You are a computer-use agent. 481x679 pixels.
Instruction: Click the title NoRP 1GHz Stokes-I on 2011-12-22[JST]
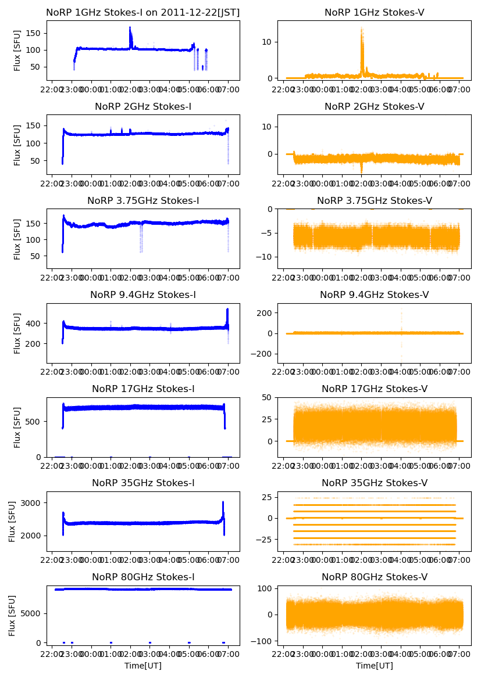[x=143, y=12]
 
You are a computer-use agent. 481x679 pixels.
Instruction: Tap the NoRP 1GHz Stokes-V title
[x=374, y=12]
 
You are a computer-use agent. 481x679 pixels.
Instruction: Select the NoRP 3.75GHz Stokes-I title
[x=143, y=200]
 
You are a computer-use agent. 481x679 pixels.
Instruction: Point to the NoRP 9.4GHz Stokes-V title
[x=374, y=295]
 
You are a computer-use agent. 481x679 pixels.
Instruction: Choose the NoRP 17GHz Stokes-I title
[x=143, y=389]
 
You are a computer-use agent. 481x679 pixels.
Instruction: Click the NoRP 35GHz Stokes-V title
[x=374, y=483]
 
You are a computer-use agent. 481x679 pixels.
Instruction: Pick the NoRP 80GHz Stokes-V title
[x=374, y=577]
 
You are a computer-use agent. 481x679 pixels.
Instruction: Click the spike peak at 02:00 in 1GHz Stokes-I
[x=130, y=27]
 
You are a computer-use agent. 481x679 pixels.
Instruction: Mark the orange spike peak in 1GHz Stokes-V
[x=361, y=28]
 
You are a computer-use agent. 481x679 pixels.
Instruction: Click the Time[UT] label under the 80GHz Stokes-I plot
[x=143, y=666]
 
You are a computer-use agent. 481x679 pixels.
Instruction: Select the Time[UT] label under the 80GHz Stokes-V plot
[x=374, y=666]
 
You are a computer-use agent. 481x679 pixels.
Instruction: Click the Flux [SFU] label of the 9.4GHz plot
[x=17, y=333]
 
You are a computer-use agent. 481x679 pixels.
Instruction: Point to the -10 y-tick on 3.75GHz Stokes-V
[x=264, y=257]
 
